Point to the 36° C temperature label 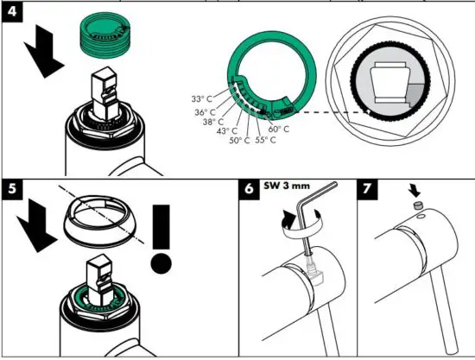tap(206, 112)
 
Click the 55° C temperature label tap(266, 139)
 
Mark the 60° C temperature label tap(280, 129)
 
